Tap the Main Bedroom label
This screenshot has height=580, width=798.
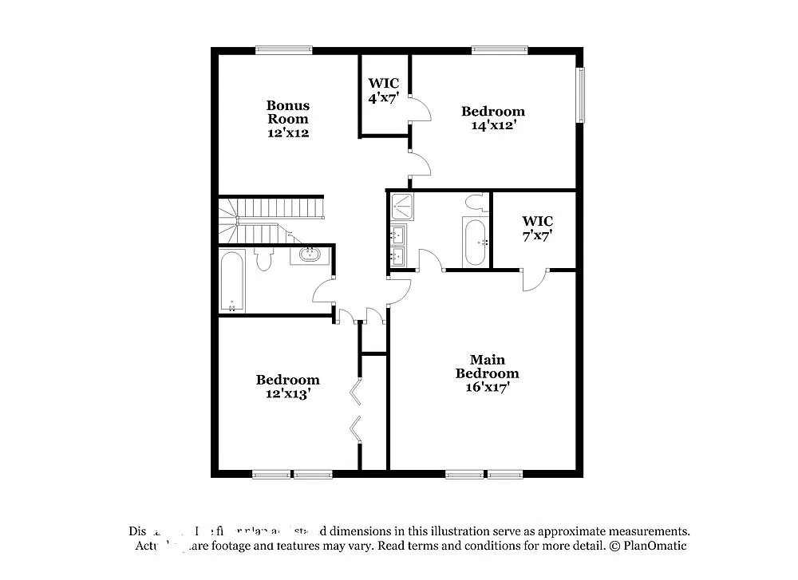(x=487, y=367)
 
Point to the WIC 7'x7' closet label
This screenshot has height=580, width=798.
(x=537, y=227)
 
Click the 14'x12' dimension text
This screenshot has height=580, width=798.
(x=493, y=125)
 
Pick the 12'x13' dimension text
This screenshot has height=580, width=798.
(x=287, y=393)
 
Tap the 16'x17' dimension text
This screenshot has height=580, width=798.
(x=487, y=387)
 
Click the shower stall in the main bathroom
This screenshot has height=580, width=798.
(x=402, y=207)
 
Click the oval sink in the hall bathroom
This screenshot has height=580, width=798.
(x=309, y=255)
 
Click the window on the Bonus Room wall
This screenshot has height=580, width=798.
(x=283, y=50)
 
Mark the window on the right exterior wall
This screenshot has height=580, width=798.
(x=581, y=95)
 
